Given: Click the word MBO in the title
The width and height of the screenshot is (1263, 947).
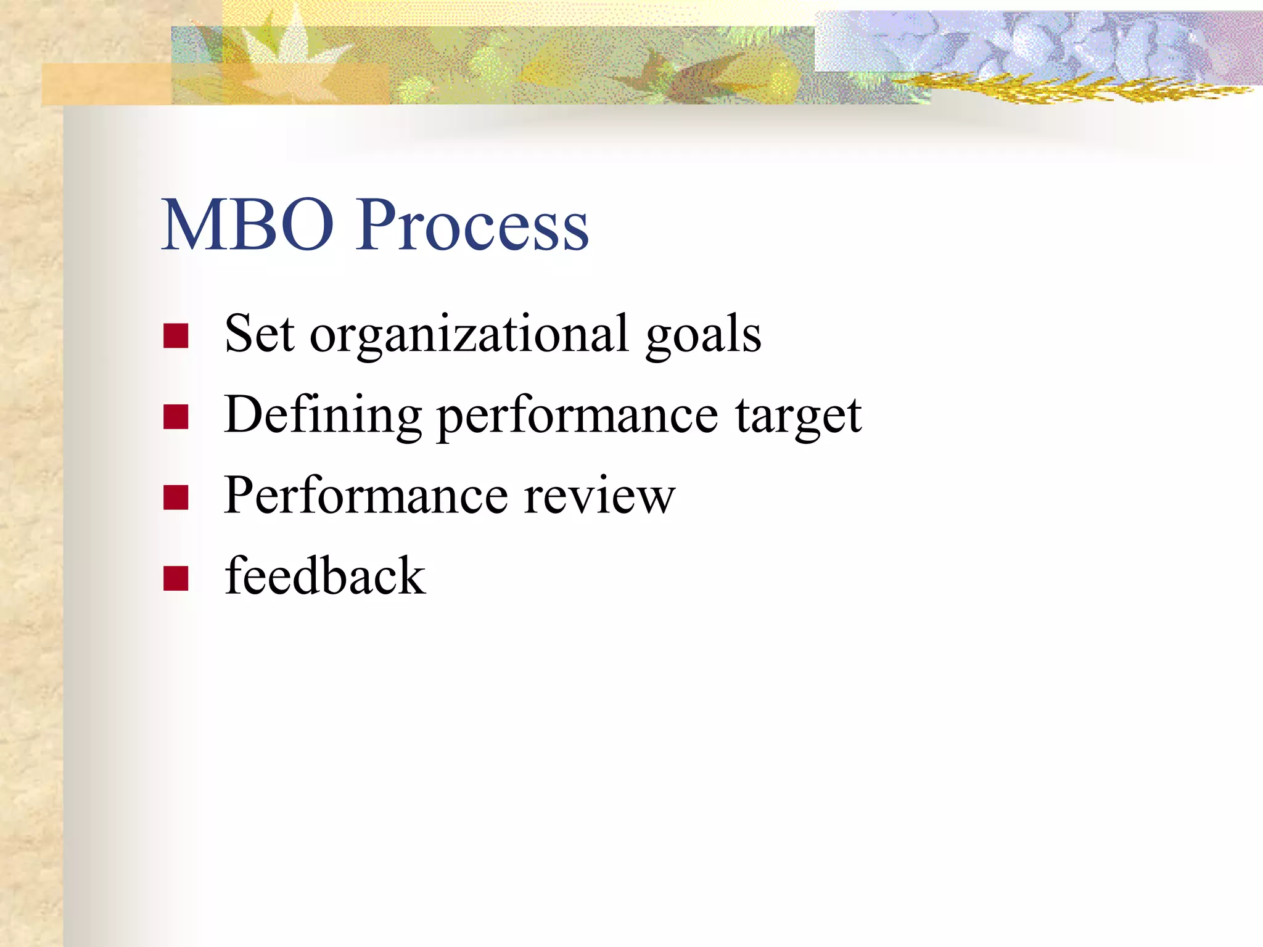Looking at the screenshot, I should tap(247, 225).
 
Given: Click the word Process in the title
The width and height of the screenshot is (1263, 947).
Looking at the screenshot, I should tap(472, 225).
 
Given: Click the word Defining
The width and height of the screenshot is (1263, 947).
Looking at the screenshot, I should tap(323, 416).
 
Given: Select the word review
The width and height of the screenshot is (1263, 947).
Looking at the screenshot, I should tap(599, 497).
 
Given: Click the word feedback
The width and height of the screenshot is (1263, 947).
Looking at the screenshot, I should tap(324, 576).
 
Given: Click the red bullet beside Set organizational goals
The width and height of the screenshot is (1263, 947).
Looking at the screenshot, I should tap(176, 336).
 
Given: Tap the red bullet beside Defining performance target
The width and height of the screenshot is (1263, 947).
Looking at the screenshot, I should tap(176, 417).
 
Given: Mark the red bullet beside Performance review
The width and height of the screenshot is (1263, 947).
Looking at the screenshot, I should tap(176, 498).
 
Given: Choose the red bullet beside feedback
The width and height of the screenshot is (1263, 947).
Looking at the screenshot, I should tap(176, 578).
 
